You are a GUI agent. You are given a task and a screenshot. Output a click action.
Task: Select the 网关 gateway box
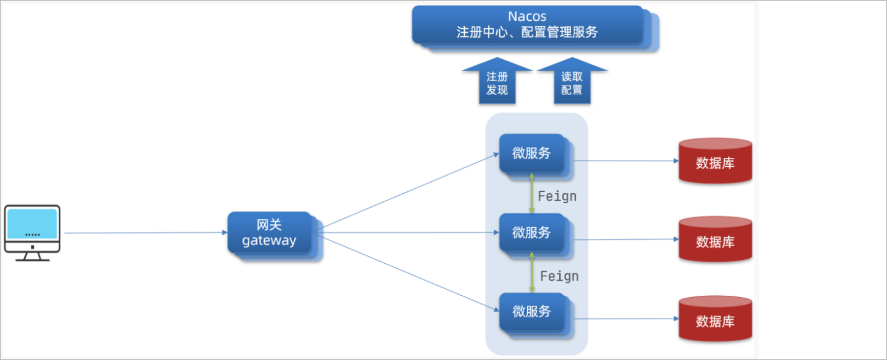pyautogui.click(x=270, y=233)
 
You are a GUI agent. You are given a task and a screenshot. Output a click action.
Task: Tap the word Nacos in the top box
pyautogui.click(x=527, y=16)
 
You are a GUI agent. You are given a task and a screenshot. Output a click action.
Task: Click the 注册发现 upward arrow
pyautogui.click(x=497, y=82)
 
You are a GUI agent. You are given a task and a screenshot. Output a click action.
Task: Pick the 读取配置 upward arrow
pyautogui.click(x=572, y=82)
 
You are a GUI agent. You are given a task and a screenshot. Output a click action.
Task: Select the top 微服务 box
pyautogui.click(x=532, y=153)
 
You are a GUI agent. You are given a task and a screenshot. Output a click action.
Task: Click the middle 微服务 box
pyautogui.click(x=532, y=233)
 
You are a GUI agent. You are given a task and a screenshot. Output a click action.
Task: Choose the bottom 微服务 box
pyautogui.click(x=532, y=312)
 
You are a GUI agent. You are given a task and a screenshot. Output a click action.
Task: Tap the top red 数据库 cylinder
pyautogui.click(x=715, y=161)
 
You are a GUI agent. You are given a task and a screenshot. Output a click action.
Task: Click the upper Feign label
pyautogui.click(x=557, y=196)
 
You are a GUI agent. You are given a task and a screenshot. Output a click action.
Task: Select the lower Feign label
pyautogui.click(x=559, y=276)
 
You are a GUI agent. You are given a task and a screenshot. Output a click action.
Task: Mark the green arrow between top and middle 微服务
pyautogui.click(x=532, y=193)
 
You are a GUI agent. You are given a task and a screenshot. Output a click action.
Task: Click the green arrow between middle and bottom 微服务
pyautogui.click(x=532, y=272)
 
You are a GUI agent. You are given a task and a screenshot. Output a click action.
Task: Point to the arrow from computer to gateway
pyautogui.click(x=145, y=233)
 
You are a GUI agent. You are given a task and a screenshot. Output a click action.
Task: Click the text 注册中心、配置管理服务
pyautogui.click(x=527, y=32)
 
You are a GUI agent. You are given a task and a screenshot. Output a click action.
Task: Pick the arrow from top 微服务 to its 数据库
pyautogui.click(x=623, y=160)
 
